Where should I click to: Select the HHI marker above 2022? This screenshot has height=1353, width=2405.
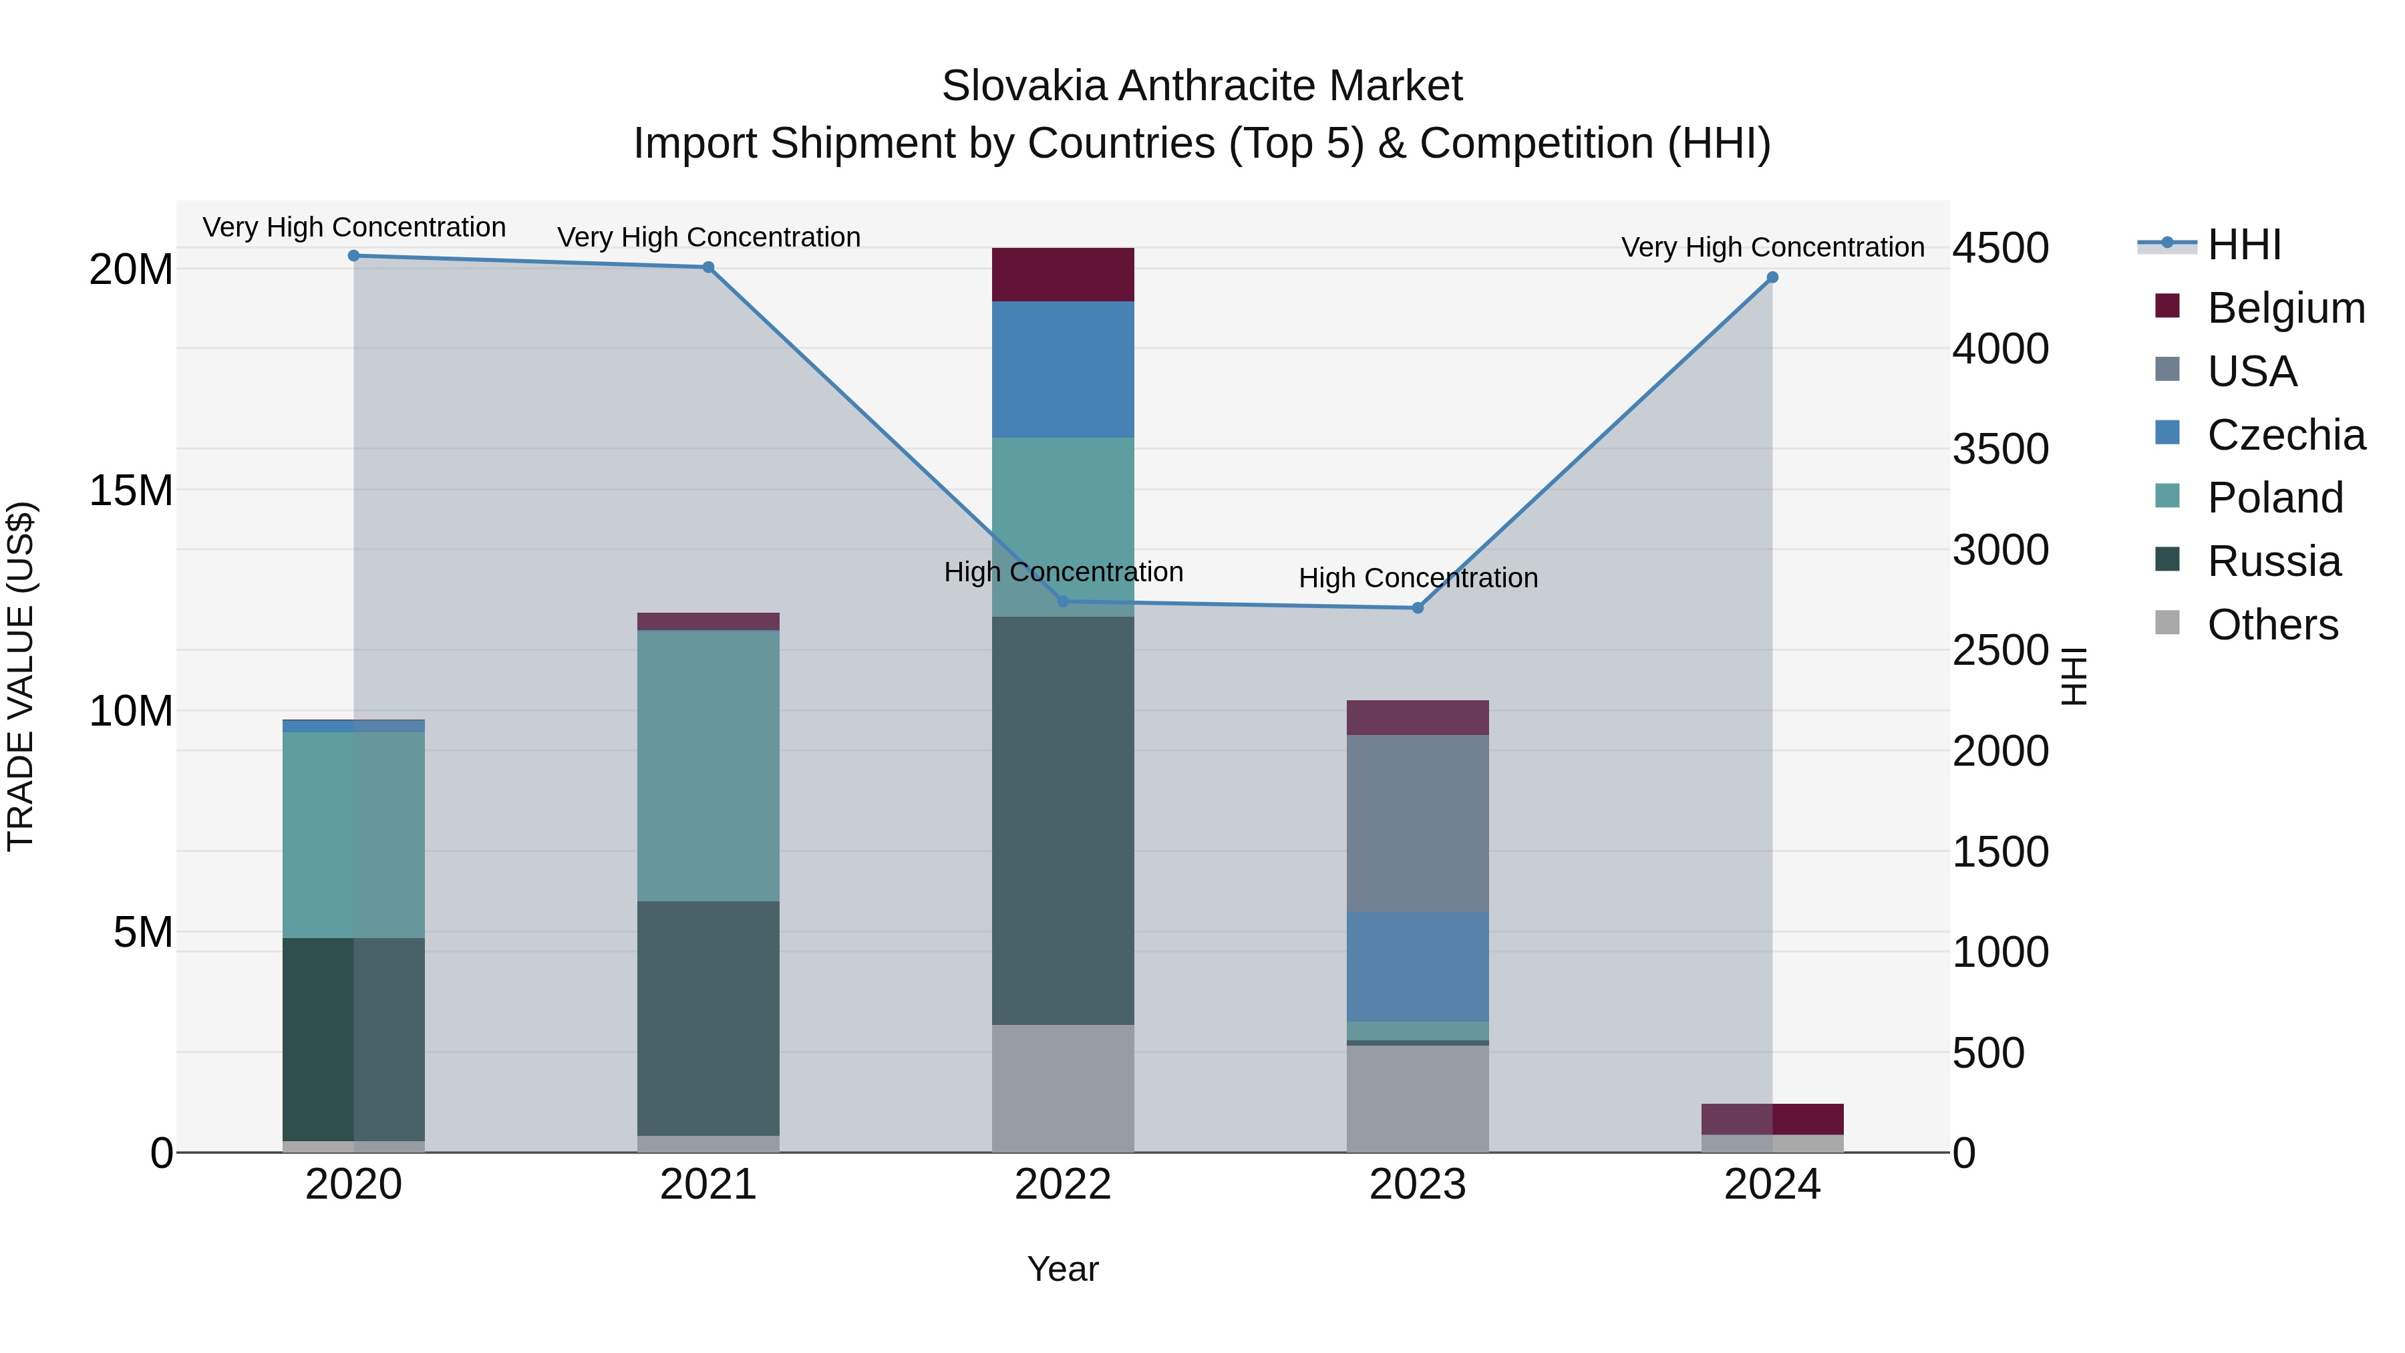pos(1062,601)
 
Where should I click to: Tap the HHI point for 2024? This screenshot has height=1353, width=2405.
pos(1772,277)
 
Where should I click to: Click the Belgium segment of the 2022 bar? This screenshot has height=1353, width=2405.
pos(1062,275)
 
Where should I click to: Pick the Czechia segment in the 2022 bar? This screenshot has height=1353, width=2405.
pos(1062,369)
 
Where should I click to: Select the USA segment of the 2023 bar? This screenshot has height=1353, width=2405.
pos(1417,822)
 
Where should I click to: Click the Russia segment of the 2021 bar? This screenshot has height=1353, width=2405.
pos(707,1018)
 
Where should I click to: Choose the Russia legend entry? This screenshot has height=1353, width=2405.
pos(2273,561)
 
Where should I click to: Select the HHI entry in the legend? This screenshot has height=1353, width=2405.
pos(2243,245)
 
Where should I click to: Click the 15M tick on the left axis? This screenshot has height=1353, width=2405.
pos(131,490)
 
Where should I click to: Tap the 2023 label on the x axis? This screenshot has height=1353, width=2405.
pos(1417,1185)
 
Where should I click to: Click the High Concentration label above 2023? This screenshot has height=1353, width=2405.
pos(1417,578)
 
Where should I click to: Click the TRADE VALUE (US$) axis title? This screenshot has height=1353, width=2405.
pos(21,676)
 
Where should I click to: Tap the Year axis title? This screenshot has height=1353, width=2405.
pos(1062,1269)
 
